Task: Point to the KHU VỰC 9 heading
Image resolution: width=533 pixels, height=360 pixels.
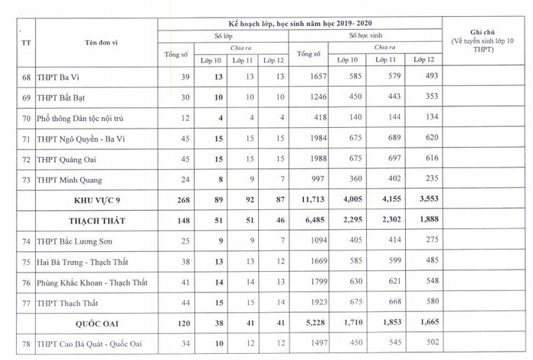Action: [x=97, y=200]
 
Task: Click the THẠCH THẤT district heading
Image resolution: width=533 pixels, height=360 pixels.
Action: [x=97, y=221]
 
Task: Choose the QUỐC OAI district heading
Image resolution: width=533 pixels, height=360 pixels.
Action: [x=97, y=323]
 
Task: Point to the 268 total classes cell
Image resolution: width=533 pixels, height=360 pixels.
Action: [x=176, y=200]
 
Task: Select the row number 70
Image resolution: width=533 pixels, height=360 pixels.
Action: [x=26, y=118]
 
